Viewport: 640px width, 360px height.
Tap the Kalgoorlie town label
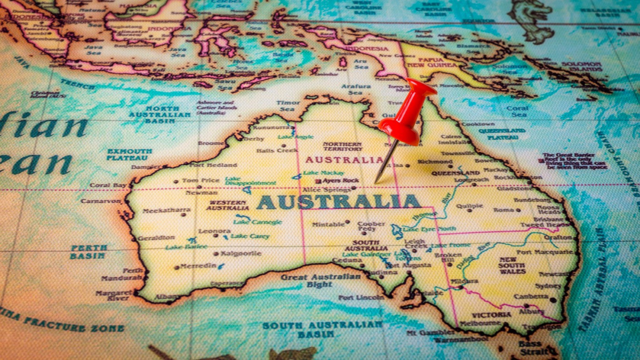pyautogui.click(x=241, y=253)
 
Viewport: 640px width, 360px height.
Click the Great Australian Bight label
pyautogui.click(x=321, y=281)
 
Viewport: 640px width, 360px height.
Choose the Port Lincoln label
pyautogui.click(x=361, y=298)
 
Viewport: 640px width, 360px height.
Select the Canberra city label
pyautogui.click(x=531, y=297)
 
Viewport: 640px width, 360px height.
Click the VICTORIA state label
pyautogui.click(x=491, y=315)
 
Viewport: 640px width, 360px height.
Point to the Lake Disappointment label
pyautogui.click(x=250, y=181)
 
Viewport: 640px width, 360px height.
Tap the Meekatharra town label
pyautogui.click(x=166, y=210)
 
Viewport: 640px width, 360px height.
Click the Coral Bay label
pyautogui.click(x=108, y=185)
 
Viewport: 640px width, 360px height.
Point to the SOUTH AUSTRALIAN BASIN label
pyautogui.click(x=322, y=329)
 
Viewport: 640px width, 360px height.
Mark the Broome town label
pyautogui.click(x=211, y=143)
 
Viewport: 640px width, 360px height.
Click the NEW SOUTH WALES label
pyautogui.click(x=512, y=265)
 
